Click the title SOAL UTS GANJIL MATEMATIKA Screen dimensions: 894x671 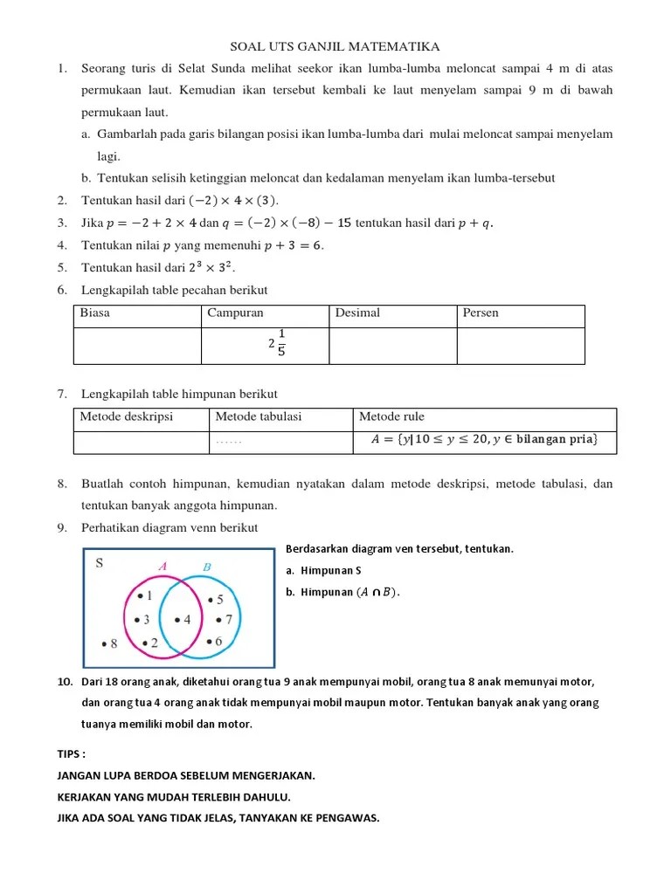(335, 46)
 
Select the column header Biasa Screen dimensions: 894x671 (95, 313)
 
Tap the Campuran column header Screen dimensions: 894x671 (235, 313)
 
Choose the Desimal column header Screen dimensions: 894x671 (358, 313)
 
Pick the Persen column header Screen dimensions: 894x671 (481, 313)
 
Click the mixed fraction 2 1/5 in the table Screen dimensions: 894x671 (278, 344)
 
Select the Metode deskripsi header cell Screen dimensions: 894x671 (127, 416)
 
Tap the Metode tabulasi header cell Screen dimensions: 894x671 (258, 416)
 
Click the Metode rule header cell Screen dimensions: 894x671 (391, 416)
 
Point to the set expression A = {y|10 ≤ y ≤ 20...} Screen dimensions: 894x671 (484, 440)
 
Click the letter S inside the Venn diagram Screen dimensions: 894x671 (100, 563)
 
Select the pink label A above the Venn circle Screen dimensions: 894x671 (162, 567)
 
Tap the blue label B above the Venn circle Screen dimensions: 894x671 (207, 567)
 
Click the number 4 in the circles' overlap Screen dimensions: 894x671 (186, 620)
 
